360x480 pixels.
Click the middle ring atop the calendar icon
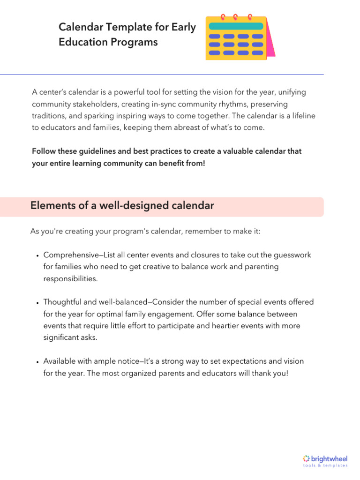[x=236, y=17]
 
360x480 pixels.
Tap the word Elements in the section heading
[x=49, y=206]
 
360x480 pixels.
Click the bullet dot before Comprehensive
[x=37, y=256]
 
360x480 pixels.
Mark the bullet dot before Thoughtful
[x=37, y=303]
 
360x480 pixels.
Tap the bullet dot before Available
[x=37, y=362]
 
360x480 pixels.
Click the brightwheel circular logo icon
[x=307, y=458]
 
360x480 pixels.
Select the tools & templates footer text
[x=325, y=466]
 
